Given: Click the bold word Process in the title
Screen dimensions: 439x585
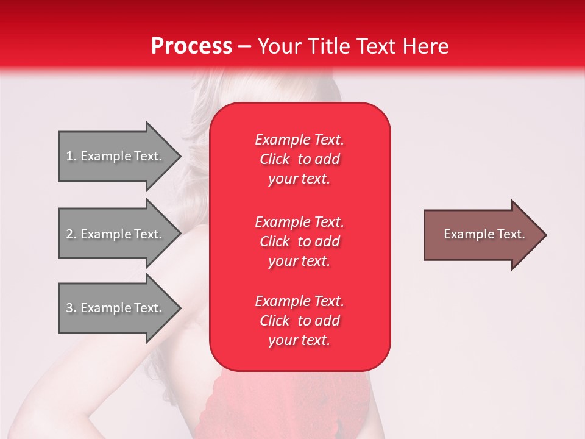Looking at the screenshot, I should pos(191,46).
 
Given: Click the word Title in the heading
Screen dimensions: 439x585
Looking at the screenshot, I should pos(328,46).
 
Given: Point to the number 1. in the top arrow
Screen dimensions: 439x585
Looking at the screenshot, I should pos(71,156).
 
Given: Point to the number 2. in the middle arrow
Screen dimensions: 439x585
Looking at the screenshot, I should pos(71,234).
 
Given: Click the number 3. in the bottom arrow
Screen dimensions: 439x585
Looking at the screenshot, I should pos(71,308).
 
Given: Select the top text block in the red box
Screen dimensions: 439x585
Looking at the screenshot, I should pos(299,159).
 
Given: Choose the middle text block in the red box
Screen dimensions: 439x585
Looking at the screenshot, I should pos(299,241).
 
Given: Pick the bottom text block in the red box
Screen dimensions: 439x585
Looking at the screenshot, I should pos(299,321).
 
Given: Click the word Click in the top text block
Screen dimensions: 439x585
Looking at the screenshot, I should pos(275,160).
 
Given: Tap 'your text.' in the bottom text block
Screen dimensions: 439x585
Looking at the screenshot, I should pos(299,341).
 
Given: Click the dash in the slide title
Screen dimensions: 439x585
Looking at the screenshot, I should pos(245,46).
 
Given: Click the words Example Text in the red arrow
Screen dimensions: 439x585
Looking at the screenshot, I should pos(484,234).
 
